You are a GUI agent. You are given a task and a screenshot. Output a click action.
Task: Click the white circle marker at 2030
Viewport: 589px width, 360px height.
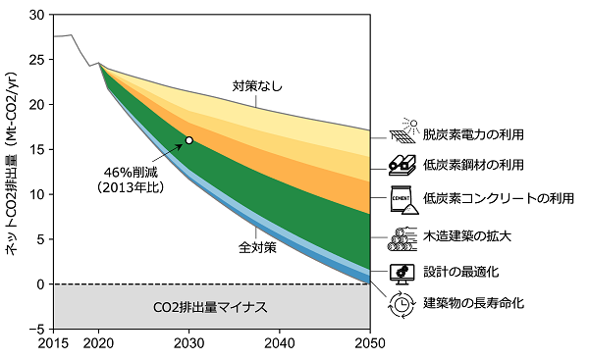188,140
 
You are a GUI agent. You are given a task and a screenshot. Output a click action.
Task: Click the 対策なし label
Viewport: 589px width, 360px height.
257,86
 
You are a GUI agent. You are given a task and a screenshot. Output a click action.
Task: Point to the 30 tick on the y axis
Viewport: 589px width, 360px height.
38,15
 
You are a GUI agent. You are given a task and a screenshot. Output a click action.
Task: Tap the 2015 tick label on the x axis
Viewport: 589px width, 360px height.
53,344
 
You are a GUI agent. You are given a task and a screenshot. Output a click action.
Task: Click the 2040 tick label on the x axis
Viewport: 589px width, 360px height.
280,344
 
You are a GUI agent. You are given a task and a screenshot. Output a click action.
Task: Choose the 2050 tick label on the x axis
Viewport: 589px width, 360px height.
370,344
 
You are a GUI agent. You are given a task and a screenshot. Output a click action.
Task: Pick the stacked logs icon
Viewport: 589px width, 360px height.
401,237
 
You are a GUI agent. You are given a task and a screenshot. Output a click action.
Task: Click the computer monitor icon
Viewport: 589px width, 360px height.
401,271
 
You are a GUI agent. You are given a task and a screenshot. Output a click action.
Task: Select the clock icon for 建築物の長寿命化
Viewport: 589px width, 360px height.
401,303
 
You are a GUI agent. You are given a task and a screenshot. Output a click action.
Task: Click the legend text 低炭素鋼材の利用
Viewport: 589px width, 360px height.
473,164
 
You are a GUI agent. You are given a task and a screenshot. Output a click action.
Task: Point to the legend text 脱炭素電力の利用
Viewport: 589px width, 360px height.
473,133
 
